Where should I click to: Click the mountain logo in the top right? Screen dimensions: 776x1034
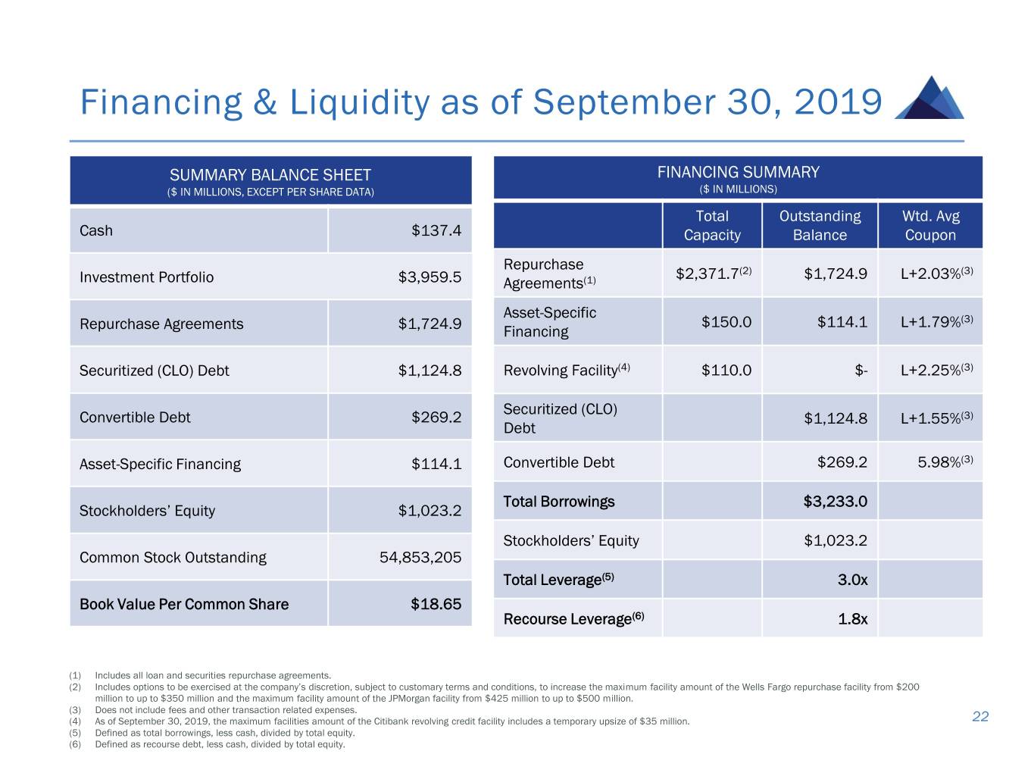(929, 99)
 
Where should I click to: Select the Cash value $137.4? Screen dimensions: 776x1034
(436, 230)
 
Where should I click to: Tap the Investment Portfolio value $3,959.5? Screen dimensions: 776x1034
(430, 277)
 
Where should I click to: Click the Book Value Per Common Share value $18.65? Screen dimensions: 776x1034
(436, 604)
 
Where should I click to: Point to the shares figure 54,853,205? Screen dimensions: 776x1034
(420, 558)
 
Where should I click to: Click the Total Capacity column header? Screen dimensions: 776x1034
(712, 226)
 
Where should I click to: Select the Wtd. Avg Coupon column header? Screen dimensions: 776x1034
(930, 226)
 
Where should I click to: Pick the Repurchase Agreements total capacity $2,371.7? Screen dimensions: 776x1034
(708, 274)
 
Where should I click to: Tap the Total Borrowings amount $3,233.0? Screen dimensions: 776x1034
(835, 502)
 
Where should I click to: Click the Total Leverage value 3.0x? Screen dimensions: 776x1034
(852, 580)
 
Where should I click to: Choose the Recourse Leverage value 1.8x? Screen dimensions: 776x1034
(852, 619)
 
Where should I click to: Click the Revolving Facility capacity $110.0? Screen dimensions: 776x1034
(726, 371)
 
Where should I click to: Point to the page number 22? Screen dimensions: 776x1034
(980, 717)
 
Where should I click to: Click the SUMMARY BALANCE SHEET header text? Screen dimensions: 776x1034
(270, 176)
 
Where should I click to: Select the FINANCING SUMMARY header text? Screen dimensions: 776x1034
(738, 173)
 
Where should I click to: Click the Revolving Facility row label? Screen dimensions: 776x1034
(561, 371)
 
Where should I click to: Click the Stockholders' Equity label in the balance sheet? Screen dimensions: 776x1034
(147, 511)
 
